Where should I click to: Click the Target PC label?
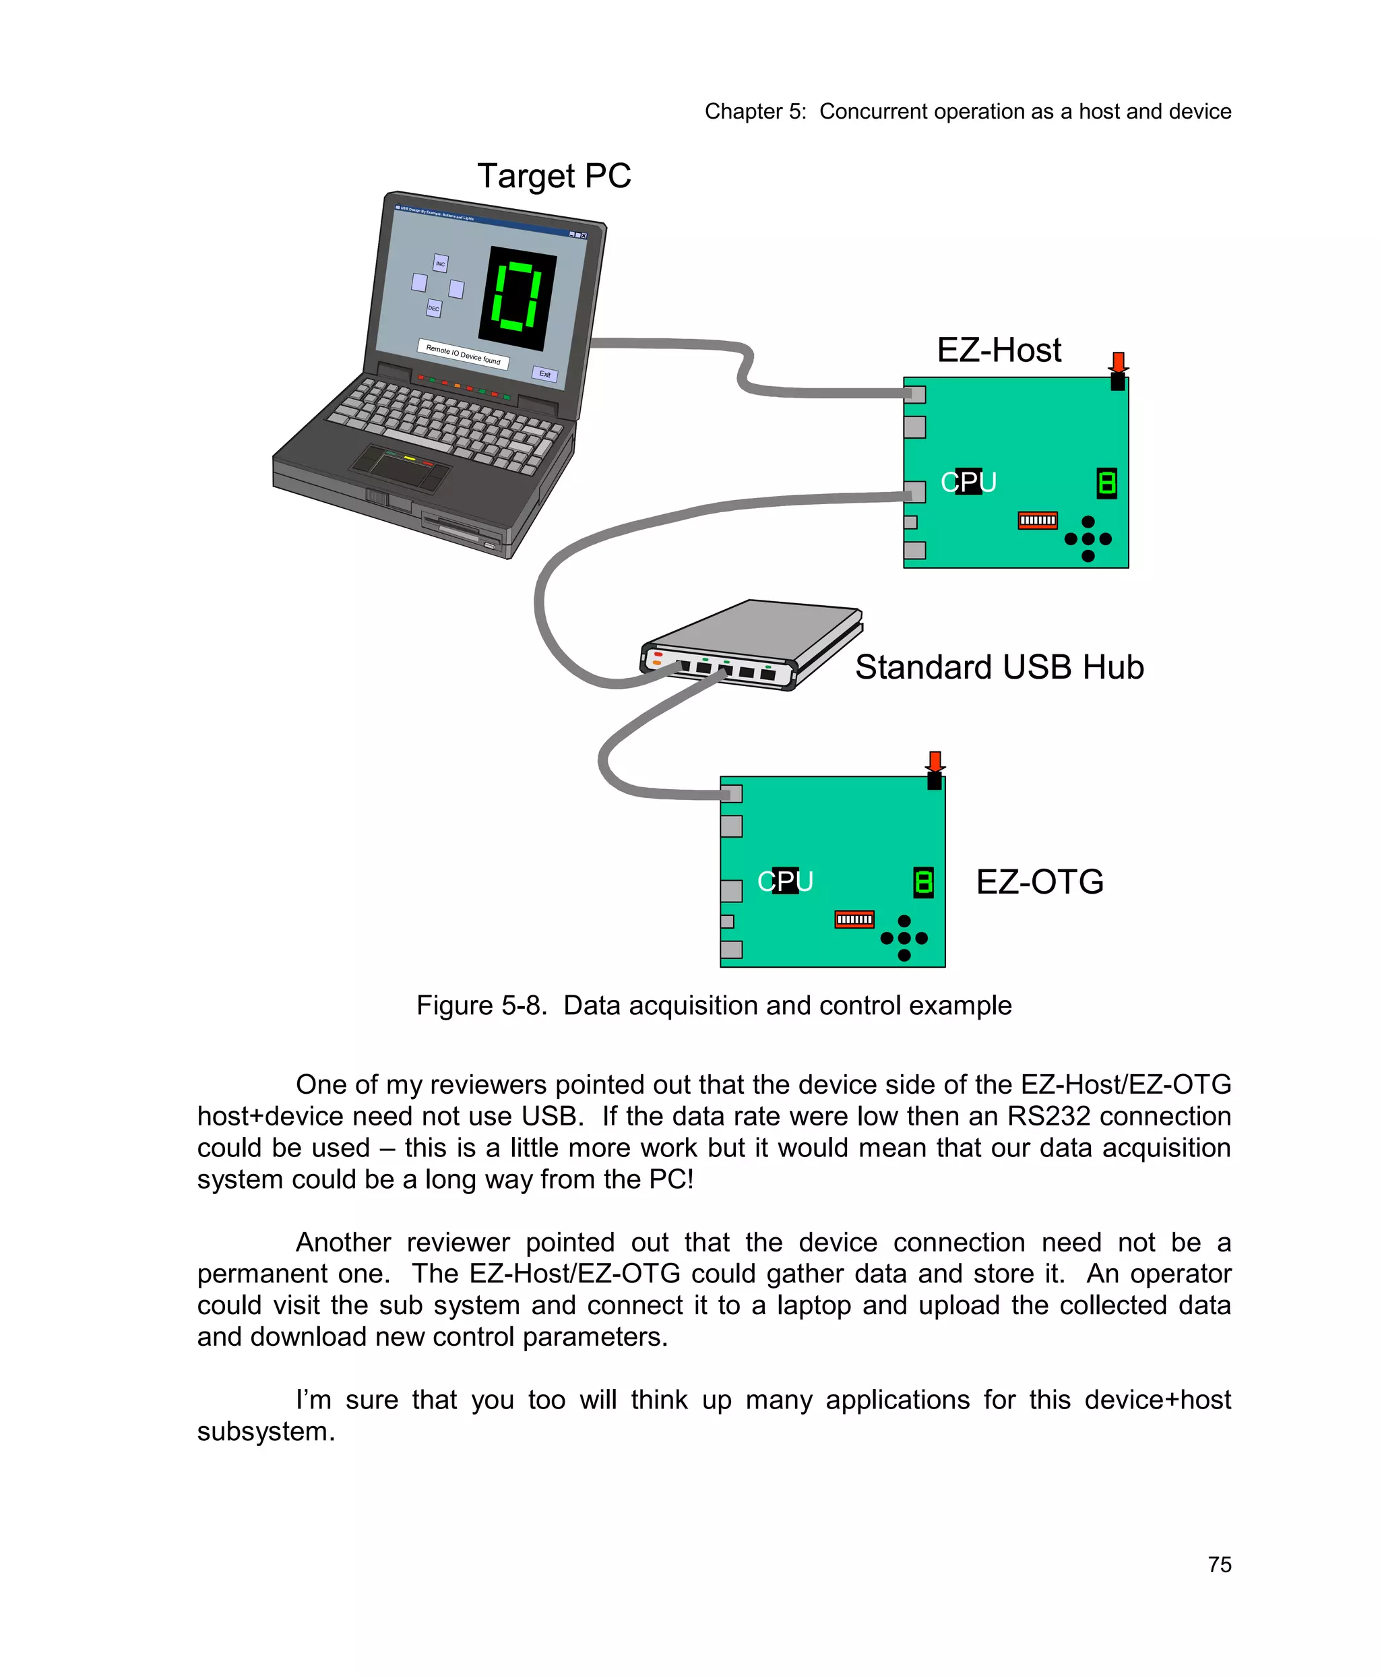[x=553, y=176]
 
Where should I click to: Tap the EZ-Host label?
[x=999, y=350]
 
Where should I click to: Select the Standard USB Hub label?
[x=999, y=667]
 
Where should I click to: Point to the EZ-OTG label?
[x=1039, y=881]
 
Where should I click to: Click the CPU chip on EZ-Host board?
[x=968, y=481]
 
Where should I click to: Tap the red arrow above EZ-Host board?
[x=1119, y=362]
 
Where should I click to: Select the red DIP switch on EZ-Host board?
[x=1038, y=520]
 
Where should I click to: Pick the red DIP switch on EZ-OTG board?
[x=854, y=919]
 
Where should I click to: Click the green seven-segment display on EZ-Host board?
[x=1106, y=483]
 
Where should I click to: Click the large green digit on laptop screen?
[x=517, y=296]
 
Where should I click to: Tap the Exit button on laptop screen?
[x=544, y=374]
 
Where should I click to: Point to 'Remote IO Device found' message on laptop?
[x=463, y=354]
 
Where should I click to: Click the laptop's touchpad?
[x=402, y=468]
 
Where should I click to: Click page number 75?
[x=1219, y=1565]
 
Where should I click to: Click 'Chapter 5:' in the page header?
[x=755, y=111]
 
